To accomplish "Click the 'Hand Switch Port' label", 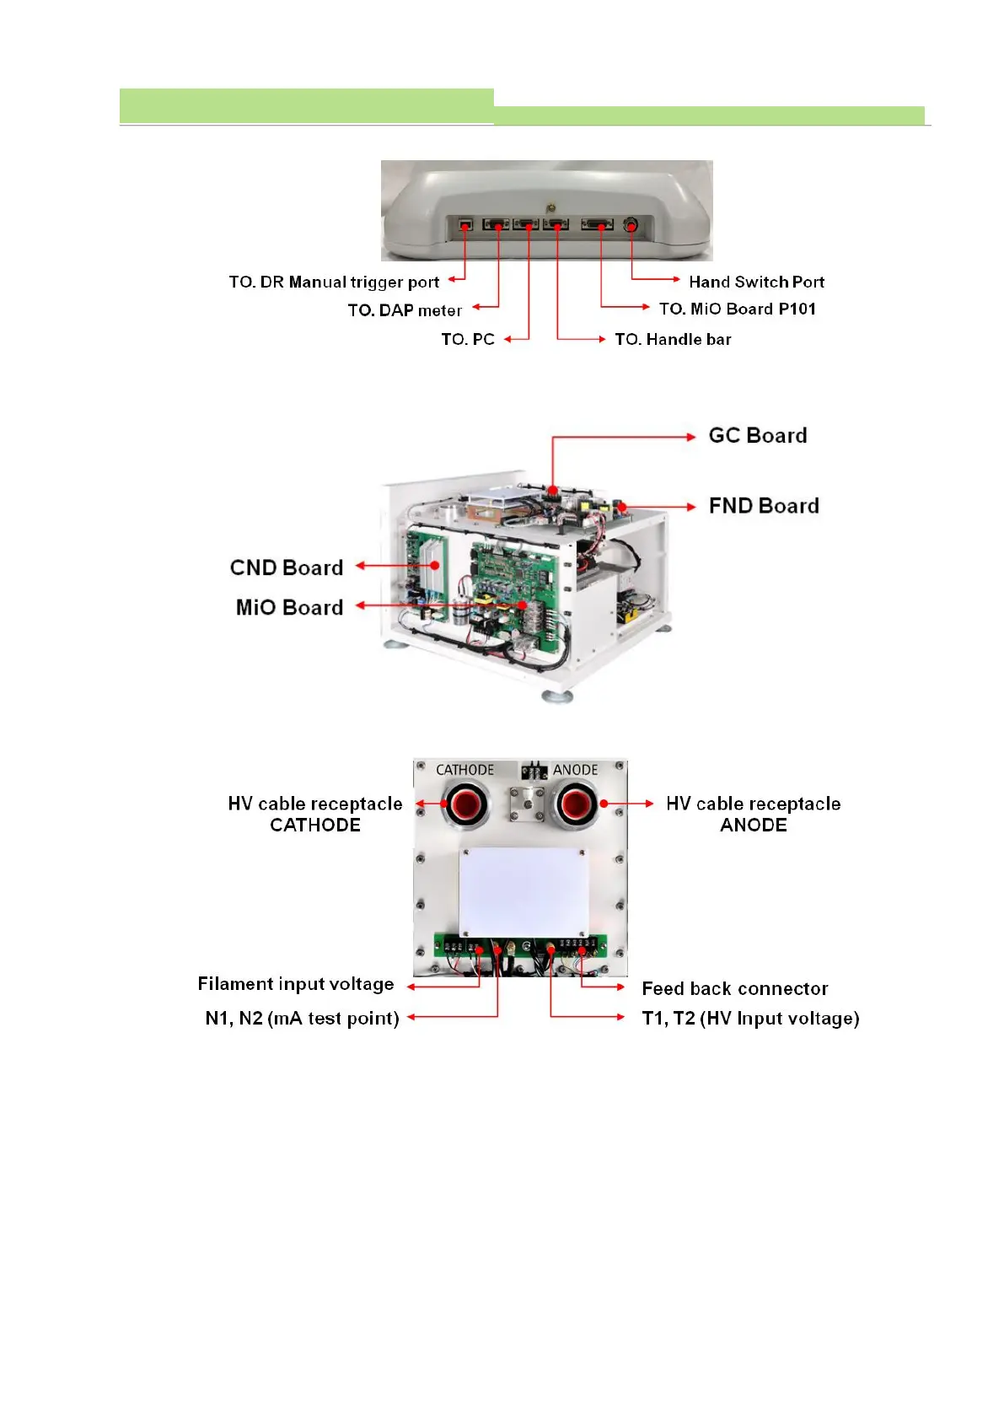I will click(x=756, y=282).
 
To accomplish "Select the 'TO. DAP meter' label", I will click(x=405, y=310).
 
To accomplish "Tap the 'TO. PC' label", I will click(x=468, y=339).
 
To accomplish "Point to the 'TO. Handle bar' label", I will click(x=673, y=339).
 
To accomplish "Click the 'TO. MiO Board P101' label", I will click(x=738, y=309).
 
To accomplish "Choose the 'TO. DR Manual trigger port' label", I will click(x=334, y=282).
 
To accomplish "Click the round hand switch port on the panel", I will click(x=631, y=225).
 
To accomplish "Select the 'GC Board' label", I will click(x=758, y=435).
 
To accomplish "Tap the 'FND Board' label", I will click(x=764, y=505).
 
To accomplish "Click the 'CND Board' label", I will click(x=287, y=567).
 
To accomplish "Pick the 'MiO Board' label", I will click(x=289, y=607).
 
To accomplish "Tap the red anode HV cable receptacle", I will click(x=577, y=804).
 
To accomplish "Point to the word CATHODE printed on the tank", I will click(x=464, y=770).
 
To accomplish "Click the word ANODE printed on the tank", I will click(x=575, y=770).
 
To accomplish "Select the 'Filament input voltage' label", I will click(x=296, y=984).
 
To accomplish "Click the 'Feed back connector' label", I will click(x=735, y=988).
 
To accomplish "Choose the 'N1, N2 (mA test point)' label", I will click(x=302, y=1018).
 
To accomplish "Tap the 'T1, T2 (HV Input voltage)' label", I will click(x=750, y=1018).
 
